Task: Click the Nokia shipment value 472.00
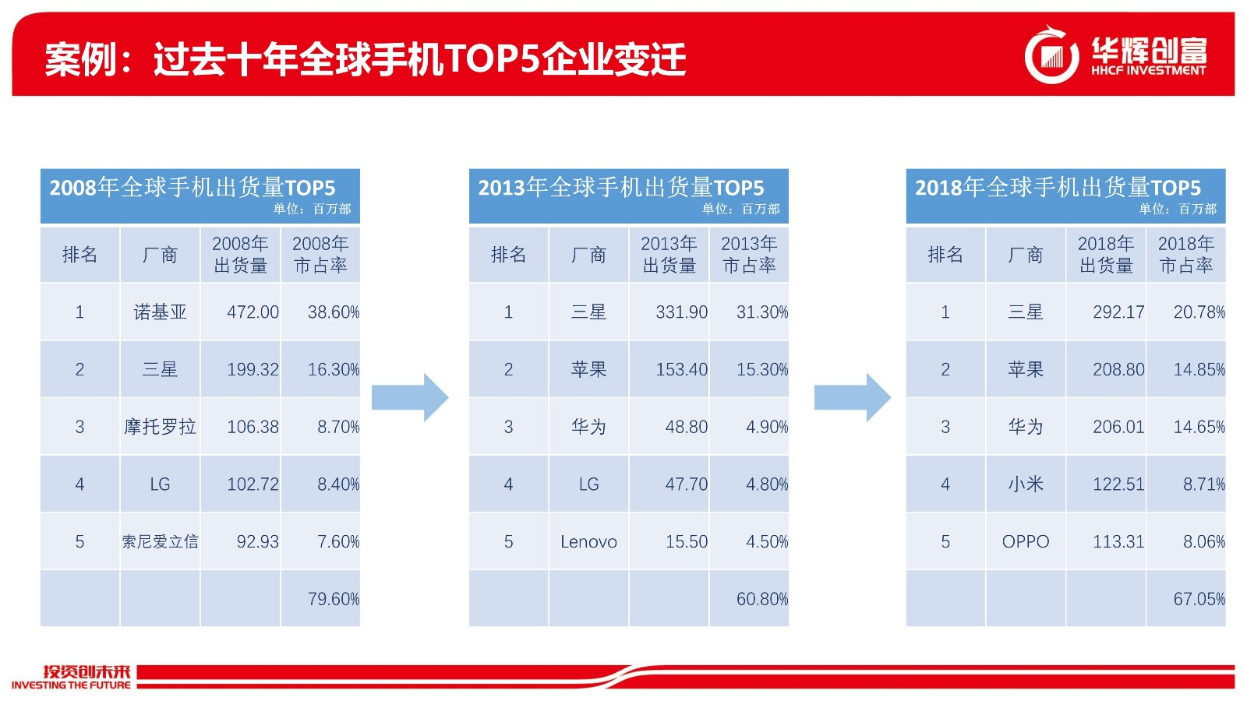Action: pos(253,312)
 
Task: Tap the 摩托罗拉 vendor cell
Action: pos(160,427)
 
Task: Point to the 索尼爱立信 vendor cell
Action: pos(160,541)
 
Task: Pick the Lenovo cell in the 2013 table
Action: pos(588,541)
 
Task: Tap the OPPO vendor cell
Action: pos(1026,541)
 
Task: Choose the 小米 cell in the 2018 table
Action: pos(1026,484)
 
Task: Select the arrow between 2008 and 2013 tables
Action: pos(410,398)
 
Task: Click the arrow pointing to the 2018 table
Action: pos(853,398)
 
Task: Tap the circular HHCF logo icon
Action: pos(1051,55)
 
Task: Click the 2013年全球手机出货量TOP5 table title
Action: pos(620,188)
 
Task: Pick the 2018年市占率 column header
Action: pos(1185,254)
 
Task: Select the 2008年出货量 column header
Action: pos(241,254)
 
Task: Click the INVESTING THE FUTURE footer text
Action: pos(71,685)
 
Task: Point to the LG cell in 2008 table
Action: pos(160,484)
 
